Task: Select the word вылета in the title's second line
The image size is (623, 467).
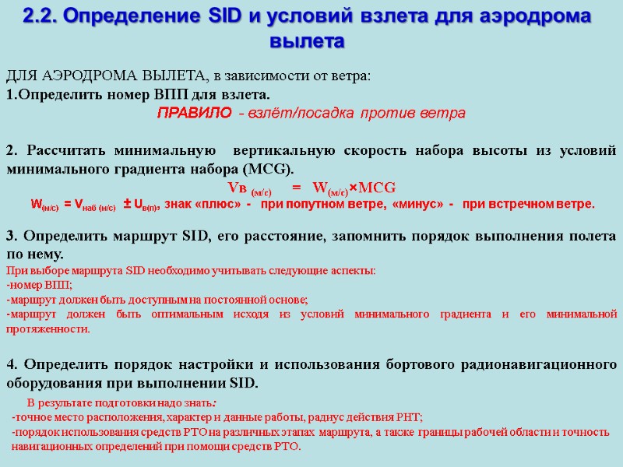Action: pyautogui.click(x=311, y=40)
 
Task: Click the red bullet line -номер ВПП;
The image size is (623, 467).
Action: pyautogui.click(x=38, y=285)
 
